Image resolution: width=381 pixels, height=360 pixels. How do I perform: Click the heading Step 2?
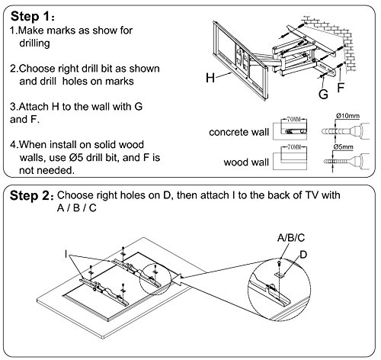click(x=31, y=196)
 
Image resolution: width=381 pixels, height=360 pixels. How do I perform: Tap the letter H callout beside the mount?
click(x=210, y=78)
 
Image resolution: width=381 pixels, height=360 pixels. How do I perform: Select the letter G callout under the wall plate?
click(x=323, y=94)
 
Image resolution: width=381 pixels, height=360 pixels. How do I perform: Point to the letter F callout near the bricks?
click(x=341, y=87)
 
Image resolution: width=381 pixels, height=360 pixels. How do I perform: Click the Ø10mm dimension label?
click(x=347, y=116)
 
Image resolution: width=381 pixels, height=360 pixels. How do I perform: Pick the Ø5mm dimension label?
click(x=343, y=147)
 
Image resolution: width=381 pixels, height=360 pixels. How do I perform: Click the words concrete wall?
click(x=239, y=132)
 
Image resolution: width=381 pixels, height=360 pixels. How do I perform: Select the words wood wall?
click(x=246, y=162)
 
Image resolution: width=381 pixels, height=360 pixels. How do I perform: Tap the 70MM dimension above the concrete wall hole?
click(x=294, y=119)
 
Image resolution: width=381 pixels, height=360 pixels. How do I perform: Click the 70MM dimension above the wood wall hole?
click(x=294, y=147)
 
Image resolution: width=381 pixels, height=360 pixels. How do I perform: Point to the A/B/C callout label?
click(x=291, y=238)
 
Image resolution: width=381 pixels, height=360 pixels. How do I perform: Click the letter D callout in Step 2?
click(x=303, y=255)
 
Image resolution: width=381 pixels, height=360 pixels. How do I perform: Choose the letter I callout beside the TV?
click(x=66, y=254)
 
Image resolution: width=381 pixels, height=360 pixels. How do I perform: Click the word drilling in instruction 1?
click(x=34, y=43)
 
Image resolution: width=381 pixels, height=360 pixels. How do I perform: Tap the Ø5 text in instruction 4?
click(x=75, y=158)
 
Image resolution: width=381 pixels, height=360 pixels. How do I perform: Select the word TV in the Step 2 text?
click(x=312, y=195)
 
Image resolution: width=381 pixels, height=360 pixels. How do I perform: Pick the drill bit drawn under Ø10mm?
click(x=345, y=131)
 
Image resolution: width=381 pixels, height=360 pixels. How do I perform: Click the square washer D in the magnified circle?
click(x=280, y=275)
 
